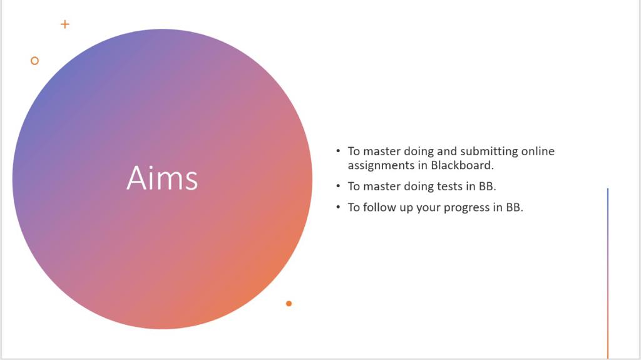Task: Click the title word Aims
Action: click(x=162, y=178)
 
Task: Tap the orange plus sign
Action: click(x=64, y=24)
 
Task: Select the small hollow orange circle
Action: click(x=35, y=61)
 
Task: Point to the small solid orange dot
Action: click(x=289, y=304)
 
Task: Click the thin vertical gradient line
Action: click(x=607, y=273)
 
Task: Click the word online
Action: click(x=538, y=152)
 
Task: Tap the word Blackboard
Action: click(x=463, y=165)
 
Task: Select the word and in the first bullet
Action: click(x=447, y=152)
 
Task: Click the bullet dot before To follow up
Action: click(x=338, y=207)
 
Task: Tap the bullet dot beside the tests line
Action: click(x=338, y=186)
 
